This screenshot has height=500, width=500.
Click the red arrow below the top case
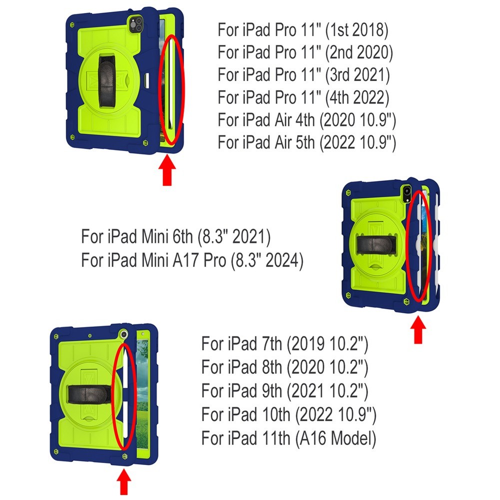tap(167, 170)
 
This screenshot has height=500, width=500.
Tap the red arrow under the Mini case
tap(418, 329)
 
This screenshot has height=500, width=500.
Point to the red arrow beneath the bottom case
tap(123, 481)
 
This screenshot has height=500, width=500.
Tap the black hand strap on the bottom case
tap(89, 394)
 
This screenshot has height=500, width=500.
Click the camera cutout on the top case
tap(136, 24)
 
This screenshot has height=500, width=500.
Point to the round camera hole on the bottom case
tap(123, 334)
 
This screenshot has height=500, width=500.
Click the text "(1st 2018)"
tap(356, 30)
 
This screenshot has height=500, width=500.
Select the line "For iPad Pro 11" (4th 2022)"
tap(303, 97)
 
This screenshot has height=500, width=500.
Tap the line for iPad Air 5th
tap(307, 142)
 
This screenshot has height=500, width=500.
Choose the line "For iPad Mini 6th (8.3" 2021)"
tap(175, 236)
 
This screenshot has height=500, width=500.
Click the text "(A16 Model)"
tap(336, 438)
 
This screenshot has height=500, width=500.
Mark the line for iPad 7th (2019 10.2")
tap(285, 344)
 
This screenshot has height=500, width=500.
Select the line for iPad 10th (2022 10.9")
tap(289, 414)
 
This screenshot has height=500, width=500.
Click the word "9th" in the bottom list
tap(272, 391)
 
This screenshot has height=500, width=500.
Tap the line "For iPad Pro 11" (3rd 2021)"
tap(303, 74)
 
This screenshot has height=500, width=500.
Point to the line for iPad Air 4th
tap(307, 120)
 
